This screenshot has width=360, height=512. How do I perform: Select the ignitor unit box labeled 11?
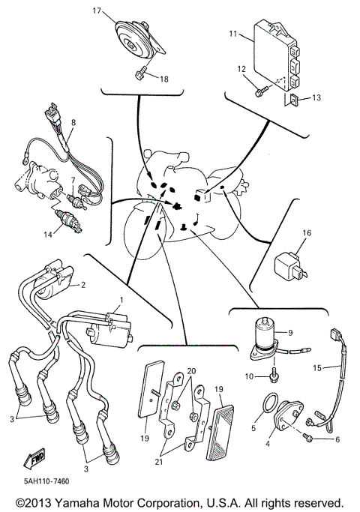click(278, 52)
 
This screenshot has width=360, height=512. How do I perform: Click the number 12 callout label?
click(241, 69)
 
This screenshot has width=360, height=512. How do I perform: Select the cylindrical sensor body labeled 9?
click(265, 332)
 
